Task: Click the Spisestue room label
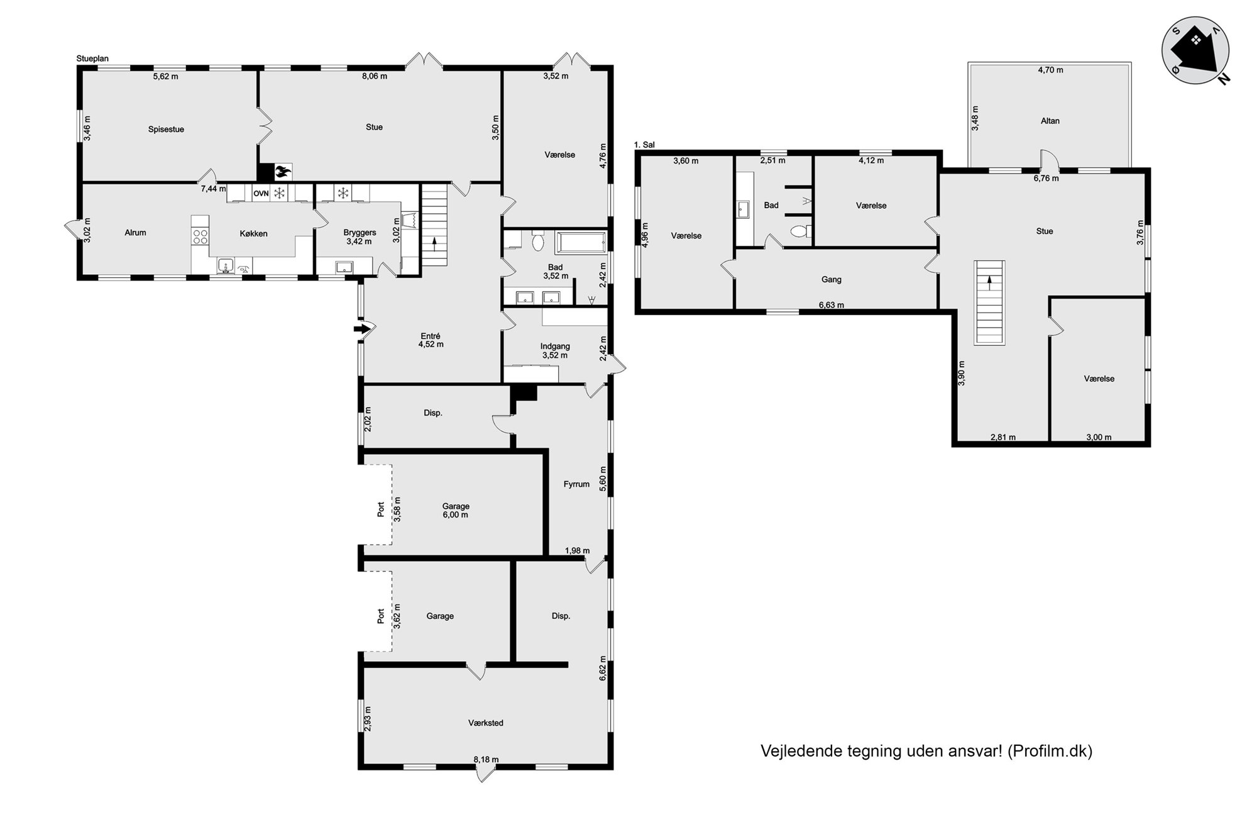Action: pyautogui.click(x=166, y=130)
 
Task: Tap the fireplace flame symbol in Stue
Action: pyautogui.click(x=283, y=170)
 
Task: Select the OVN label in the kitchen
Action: pyautogui.click(x=261, y=194)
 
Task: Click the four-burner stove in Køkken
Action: pyautogui.click(x=201, y=237)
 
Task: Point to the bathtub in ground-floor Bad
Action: pyautogui.click(x=581, y=242)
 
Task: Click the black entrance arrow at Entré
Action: pyautogui.click(x=362, y=328)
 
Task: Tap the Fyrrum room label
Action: pyautogui.click(x=576, y=484)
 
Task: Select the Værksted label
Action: pyautogui.click(x=486, y=723)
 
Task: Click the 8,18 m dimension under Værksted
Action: pyautogui.click(x=486, y=760)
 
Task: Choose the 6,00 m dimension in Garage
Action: pyautogui.click(x=456, y=515)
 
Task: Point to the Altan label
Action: pyautogui.click(x=1050, y=121)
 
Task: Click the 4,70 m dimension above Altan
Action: pyautogui.click(x=1050, y=70)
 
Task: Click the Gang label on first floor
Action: pyautogui.click(x=831, y=280)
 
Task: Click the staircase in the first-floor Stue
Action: pyautogui.click(x=989, y=302)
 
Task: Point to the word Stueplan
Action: pyautogui.click(x=92, y=59)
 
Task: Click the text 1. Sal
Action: pyautogui.click(x=644, y=145)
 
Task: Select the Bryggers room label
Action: pyautogui.click(x=360, y=233)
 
